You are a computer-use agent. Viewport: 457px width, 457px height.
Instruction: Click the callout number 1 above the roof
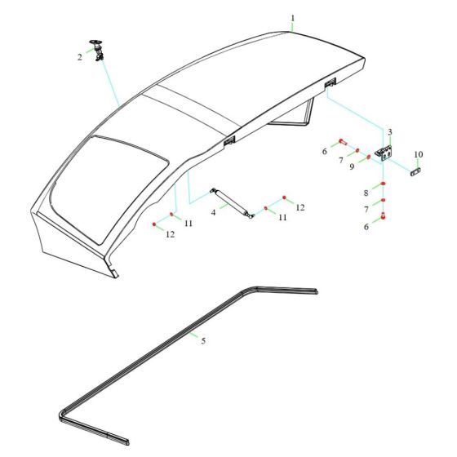pyautogui.click(x=293, y=18)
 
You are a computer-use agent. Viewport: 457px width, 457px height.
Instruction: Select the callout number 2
pyautogui.click(x=80, y=56)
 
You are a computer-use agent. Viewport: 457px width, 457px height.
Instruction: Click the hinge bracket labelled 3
pyautogui.click(x=384, y=153)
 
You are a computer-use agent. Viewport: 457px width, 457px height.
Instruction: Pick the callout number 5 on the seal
pyautogui.click(x=203, y=340)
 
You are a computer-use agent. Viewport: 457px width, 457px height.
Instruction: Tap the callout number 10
pyautogui.click(x=419, y=154)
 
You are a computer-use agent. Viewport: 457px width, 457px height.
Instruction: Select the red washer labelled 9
pyautogui.click(x=369, y=157)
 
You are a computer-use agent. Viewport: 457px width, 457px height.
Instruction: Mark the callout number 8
pyautogui.click(x=366, y=193)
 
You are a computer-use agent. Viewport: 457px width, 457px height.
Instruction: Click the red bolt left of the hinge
pyautogui.click(x=342, y=142)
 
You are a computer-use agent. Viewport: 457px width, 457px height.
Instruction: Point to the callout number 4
pyautogui.click(x=213, y=212)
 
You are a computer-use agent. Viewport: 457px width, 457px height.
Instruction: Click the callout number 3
pyautogui.click(x=390, y=131)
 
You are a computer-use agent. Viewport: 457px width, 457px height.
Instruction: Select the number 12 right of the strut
pyautogui.click(x=299, y=208)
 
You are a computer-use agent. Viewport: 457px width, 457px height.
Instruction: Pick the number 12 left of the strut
pyautogui.click(x=171, y=234)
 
